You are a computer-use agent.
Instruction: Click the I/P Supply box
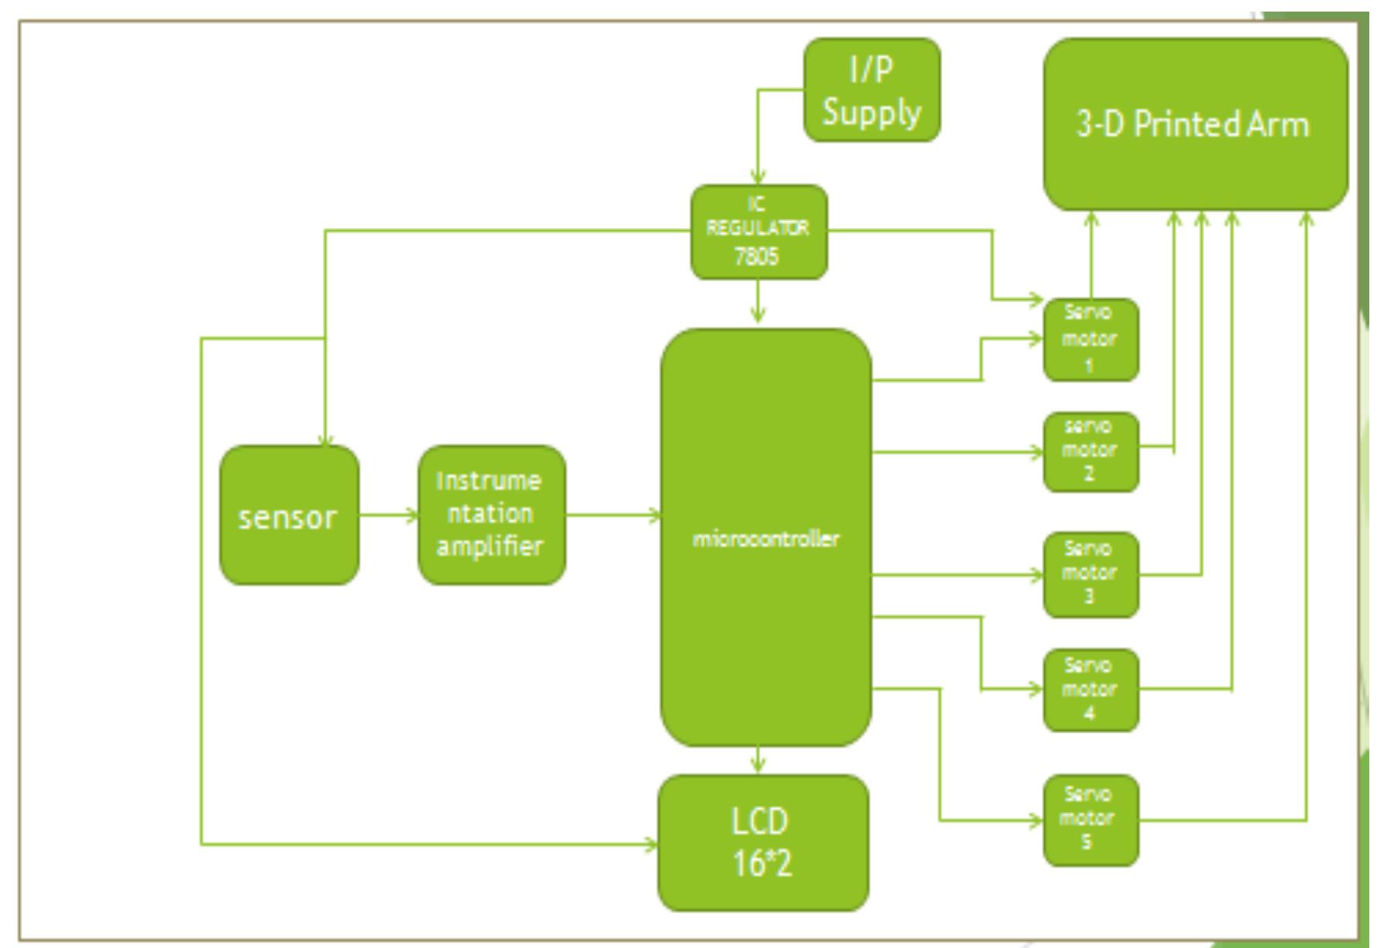[872, 90]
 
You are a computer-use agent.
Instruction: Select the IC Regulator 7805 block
[758, 232]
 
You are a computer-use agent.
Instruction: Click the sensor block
[289, 515]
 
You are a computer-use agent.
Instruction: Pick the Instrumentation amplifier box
[491, 515]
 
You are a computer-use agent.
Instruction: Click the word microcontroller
[765, 539]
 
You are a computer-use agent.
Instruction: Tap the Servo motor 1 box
[1090, 340]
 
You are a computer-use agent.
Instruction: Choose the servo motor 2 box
[1090, 451]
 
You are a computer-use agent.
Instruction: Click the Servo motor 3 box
[1090, 574]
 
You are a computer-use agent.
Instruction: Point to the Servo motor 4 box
[1090, 690]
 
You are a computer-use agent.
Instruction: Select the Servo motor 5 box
[1090, 820]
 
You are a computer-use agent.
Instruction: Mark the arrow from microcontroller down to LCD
[758, 760]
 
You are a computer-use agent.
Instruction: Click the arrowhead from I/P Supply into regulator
[758, 177]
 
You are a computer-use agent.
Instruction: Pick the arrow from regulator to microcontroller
[758, 303]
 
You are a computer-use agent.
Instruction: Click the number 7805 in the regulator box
[758, 257]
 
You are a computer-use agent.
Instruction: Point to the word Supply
[872, 113]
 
